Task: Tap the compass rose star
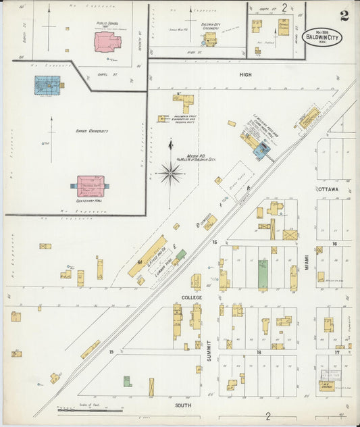point(170,173)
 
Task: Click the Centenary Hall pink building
point(91,184)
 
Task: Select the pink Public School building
point(107,42)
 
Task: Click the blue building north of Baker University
point(47,84)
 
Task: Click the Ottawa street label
point(328,189)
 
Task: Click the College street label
point(192,297)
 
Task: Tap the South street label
point(183,405)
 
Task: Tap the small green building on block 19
point(127,381)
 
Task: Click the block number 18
point(258,353)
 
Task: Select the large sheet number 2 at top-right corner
point(344,15)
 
